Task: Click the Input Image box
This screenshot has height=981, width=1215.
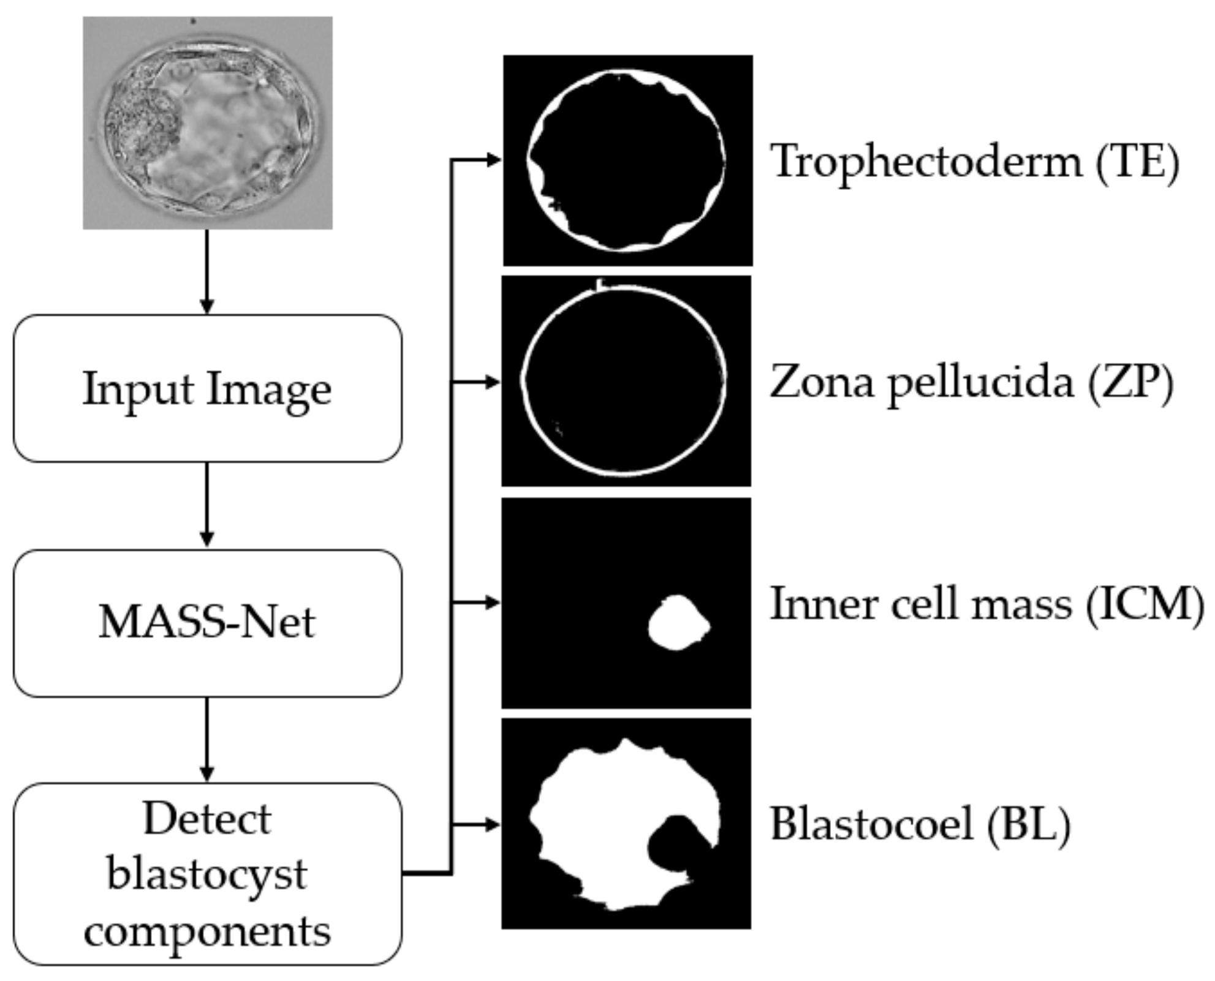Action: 207,388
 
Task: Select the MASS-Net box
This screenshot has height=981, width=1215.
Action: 207,622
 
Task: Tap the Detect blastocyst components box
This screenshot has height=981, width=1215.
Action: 207,874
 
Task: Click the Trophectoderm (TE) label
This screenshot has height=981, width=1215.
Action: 974,162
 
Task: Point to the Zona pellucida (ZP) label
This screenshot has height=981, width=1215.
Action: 971,382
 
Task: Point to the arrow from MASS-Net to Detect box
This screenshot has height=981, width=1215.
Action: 207,739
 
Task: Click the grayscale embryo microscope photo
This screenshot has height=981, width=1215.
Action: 208,122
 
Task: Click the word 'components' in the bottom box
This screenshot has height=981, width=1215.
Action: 207,931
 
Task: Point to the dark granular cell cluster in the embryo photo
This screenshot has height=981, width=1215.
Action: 140,126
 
